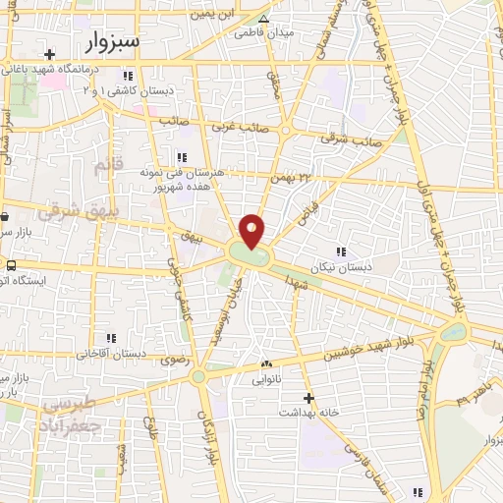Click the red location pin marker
pos(252,230)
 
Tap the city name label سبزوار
pos(106,42)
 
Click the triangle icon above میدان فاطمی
pos(262,18)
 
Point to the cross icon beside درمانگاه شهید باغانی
pos(49,52)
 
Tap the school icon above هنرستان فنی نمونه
pos(180,156)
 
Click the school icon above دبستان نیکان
pos(341,250)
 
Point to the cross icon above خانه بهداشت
pos(308,398)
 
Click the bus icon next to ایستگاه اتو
pos(10,265)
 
